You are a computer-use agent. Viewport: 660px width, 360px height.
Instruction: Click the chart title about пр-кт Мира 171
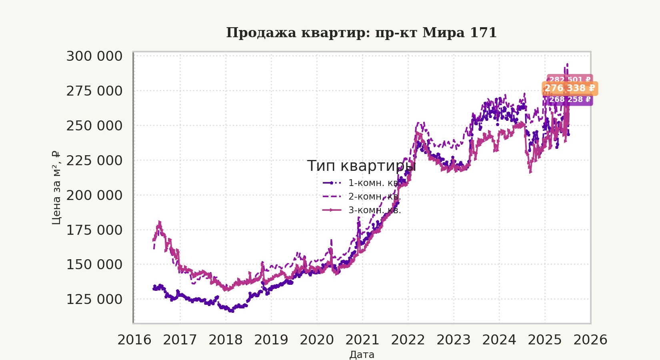pyautogui.click(x=362, y=33)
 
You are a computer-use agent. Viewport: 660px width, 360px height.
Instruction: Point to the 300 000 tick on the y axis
pyautogui.click(x=94, y=56)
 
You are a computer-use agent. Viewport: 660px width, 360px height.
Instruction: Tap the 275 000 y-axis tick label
pyautogui.click(x=94, y=91)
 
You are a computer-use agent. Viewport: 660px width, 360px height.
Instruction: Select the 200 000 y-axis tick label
pyautogui.click(x=94, y=196)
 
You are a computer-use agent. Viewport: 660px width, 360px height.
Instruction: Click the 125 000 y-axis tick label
pyautogui.click(x=94, y=300)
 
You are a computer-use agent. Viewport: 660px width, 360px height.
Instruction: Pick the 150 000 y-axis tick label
pyautogui.click(x=94, y=265)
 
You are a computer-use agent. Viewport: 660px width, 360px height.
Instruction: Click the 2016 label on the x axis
pyautogui.click(x=134, y=340)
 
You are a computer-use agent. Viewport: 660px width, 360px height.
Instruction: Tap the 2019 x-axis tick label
pyautogui.click(x=271, y=340)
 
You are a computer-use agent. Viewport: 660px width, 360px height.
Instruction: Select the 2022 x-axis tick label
pyautogui.click(x=408, y=340)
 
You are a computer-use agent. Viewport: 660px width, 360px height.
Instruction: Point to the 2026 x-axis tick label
pyautogui.click(x=590, y=340)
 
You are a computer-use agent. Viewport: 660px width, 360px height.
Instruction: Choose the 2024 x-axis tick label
pyautogui.click(x=499, y=340)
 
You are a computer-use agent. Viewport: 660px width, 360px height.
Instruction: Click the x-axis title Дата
pyautogui.click(x=362, y=355)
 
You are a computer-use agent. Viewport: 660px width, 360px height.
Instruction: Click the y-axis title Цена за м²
pyautogui.click(x=56, y=188)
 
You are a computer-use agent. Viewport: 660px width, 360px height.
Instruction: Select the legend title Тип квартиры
pyautogui.click(x=362, y=166)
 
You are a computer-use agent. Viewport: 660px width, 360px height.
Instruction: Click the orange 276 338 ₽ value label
pyautogui.click(x=570, y=88)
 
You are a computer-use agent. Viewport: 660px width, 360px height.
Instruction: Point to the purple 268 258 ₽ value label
pyautogui.click(x=570, y=100)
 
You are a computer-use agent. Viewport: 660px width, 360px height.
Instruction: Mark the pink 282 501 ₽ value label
pyautogui.click(x=570, y=79)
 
